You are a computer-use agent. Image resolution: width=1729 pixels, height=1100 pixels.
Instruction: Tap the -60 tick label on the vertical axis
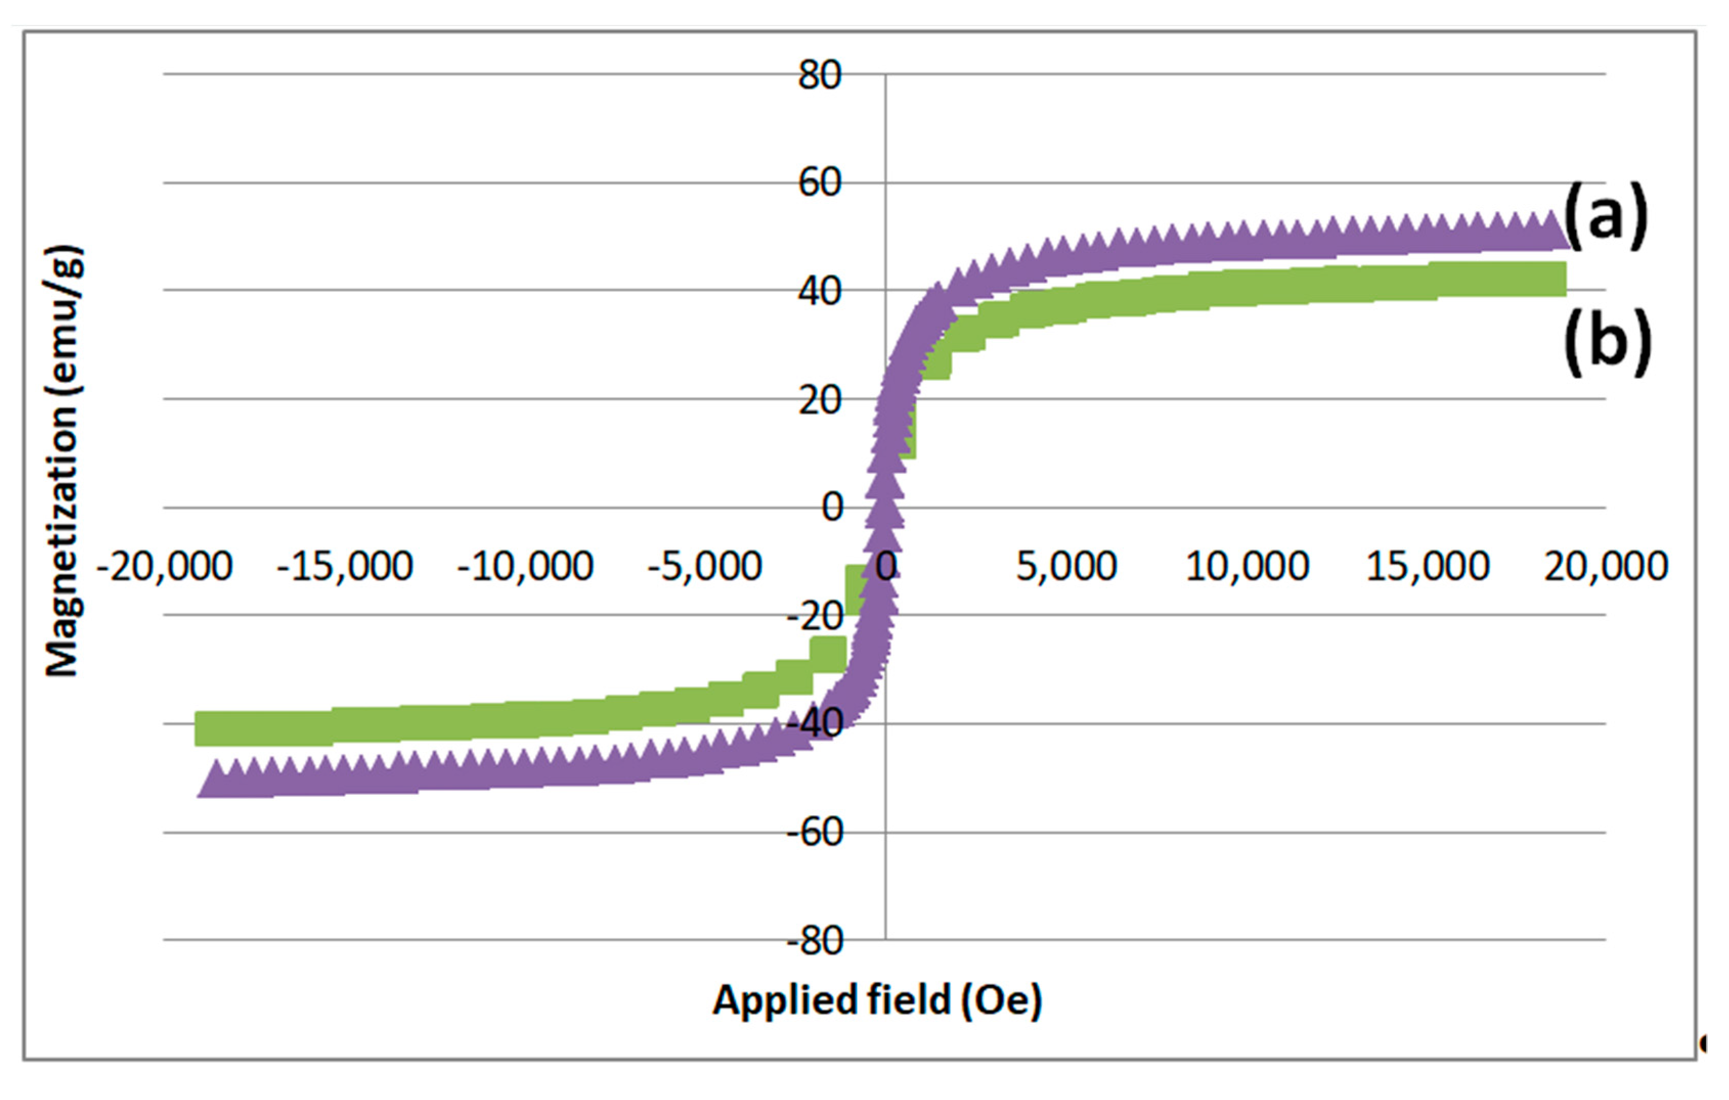814,833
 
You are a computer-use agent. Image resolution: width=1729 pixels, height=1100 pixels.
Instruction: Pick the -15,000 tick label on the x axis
345,567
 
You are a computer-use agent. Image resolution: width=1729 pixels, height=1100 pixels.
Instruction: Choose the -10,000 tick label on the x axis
525,567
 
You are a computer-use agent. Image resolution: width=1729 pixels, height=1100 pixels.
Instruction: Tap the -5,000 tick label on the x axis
704,567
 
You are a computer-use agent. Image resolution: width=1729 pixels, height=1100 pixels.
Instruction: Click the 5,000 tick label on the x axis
1066,567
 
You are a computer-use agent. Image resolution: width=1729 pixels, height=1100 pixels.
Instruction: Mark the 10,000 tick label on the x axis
1247,567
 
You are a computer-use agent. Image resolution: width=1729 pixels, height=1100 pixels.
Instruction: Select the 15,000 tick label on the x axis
1427,567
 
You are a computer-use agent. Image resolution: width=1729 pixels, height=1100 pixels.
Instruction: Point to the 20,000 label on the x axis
1606,567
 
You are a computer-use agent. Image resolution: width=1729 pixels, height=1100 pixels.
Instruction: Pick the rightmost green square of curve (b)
1548,279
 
